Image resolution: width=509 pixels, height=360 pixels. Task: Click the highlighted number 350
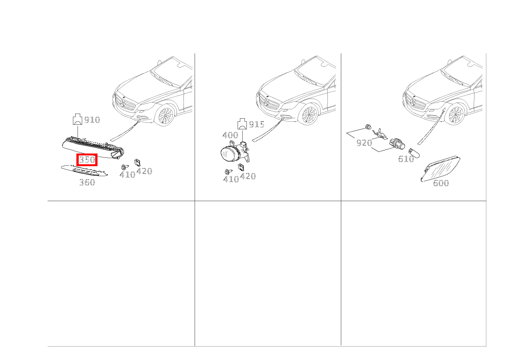[x=87, y=160]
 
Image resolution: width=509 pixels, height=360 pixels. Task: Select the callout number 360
[x=87, y=183]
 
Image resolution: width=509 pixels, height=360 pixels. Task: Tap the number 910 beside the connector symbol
[x=92, y=120]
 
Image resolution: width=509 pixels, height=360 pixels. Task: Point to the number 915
[x=256, y=124]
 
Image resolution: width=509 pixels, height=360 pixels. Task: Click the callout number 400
[x=230, y=135]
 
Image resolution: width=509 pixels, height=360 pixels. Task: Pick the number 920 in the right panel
[x=364, y=143]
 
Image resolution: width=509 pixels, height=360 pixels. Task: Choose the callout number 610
[x=406, y=159]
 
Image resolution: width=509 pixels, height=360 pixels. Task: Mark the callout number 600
[x=441, y=183]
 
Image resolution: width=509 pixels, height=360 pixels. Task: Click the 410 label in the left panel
[x=127, y=175]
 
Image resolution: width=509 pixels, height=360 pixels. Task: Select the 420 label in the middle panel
[x=248, y=176]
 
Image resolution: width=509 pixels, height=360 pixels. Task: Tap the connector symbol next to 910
[x=78, y=120]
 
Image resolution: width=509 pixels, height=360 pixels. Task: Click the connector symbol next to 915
[x=243, y=124]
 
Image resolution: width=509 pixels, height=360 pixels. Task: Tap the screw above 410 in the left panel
[x=124, y=167]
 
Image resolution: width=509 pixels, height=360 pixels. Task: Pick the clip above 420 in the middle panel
[x=241, y=167]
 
